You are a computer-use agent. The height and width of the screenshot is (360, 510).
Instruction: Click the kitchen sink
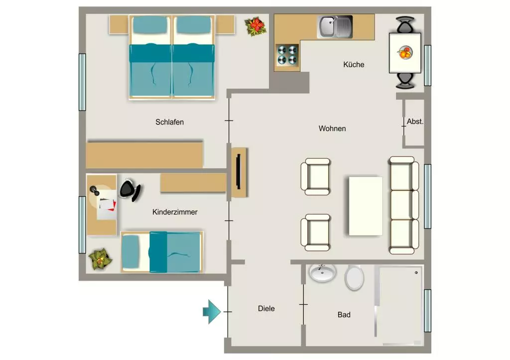coord(335,27)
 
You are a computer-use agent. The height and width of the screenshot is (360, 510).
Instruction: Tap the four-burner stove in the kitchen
coord(287,55)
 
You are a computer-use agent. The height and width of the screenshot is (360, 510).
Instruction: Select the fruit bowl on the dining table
coord(405,53)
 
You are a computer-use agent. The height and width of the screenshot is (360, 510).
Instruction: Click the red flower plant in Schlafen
coord(255,26)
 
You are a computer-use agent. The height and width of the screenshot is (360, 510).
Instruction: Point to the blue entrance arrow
coord(212,312)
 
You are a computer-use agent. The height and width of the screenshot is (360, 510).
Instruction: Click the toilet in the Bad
coord(354,278)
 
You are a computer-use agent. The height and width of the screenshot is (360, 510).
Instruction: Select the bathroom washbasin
coord(322,272)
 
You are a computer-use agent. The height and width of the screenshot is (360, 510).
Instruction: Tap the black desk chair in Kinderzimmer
coord(130,190)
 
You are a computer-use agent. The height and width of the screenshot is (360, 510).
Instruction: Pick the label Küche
coord(354,64)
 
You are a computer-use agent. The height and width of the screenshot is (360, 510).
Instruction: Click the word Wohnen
coord(332,128)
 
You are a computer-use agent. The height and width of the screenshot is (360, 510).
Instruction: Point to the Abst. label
coord(415,121)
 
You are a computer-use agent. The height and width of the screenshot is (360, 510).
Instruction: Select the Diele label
coord(266,309)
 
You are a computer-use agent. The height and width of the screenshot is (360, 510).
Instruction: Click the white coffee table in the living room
coord(366,206)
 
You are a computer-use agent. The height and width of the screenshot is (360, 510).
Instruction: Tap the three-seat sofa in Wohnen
coord(403,205)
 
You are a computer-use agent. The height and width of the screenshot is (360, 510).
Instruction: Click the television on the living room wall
coord(239,171)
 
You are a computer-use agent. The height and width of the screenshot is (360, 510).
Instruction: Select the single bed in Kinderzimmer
coord(162,252)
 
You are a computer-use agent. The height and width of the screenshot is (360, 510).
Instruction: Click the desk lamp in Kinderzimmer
coord(95,191)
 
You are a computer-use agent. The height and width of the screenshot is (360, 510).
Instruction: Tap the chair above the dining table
coord(405,25)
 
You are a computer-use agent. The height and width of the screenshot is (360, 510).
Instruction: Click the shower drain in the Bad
coord(416,272)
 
